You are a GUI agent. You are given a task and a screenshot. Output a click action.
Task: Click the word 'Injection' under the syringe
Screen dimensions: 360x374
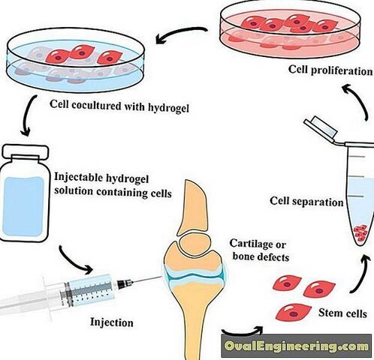click(112, 322)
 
